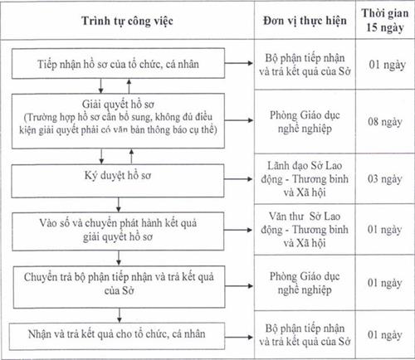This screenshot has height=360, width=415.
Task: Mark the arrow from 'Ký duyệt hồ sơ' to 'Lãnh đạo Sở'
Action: (241, 178)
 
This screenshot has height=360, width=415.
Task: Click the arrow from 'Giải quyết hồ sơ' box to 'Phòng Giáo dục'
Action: (241, 119)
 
